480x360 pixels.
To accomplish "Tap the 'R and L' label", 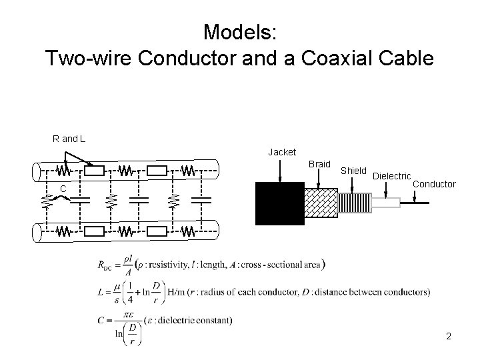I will pyautogui.click(x=69, y=139).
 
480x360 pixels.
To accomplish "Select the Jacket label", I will pyautogui.click(x=282, y=153).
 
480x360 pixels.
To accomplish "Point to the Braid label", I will pyautogui.click(x=319, y=164).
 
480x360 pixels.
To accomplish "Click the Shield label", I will pyautogui.click(x=353, y=171).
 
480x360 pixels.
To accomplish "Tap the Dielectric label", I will pyautogui.click(x=391, y=177).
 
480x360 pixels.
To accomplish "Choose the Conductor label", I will pyautogui.click(x=435, y=183).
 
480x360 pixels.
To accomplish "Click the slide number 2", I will pyautogui.click(x=449, y=336).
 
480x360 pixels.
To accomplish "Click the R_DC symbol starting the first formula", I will pyautogui.click(x=107, y=265).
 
